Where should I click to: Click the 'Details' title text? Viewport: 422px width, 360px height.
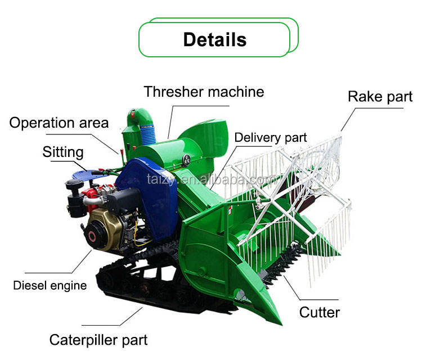(x=215, y=39)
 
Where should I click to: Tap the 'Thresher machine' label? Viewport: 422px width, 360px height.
(x=204, y=92)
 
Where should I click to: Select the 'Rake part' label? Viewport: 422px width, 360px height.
(x=380, y=97)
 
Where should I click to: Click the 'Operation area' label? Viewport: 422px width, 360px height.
(x=59, y=123)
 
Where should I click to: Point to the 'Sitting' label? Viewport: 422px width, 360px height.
(x=63, y=152)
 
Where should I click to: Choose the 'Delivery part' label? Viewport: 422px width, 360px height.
(x=271, y=138)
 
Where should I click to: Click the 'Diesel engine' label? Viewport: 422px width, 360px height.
(x=50, y=286)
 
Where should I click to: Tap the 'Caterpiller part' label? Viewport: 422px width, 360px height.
(x=98, y=340)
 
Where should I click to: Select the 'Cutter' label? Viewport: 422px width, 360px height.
(x=320, y=312)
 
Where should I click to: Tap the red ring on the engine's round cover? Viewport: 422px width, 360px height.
(x=92, y=236)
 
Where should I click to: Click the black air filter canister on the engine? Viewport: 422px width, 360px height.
(x=75, y=198)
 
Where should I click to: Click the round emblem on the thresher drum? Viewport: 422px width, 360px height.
(x=186, y=160)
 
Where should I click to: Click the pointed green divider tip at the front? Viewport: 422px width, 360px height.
(x=277, y=320)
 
